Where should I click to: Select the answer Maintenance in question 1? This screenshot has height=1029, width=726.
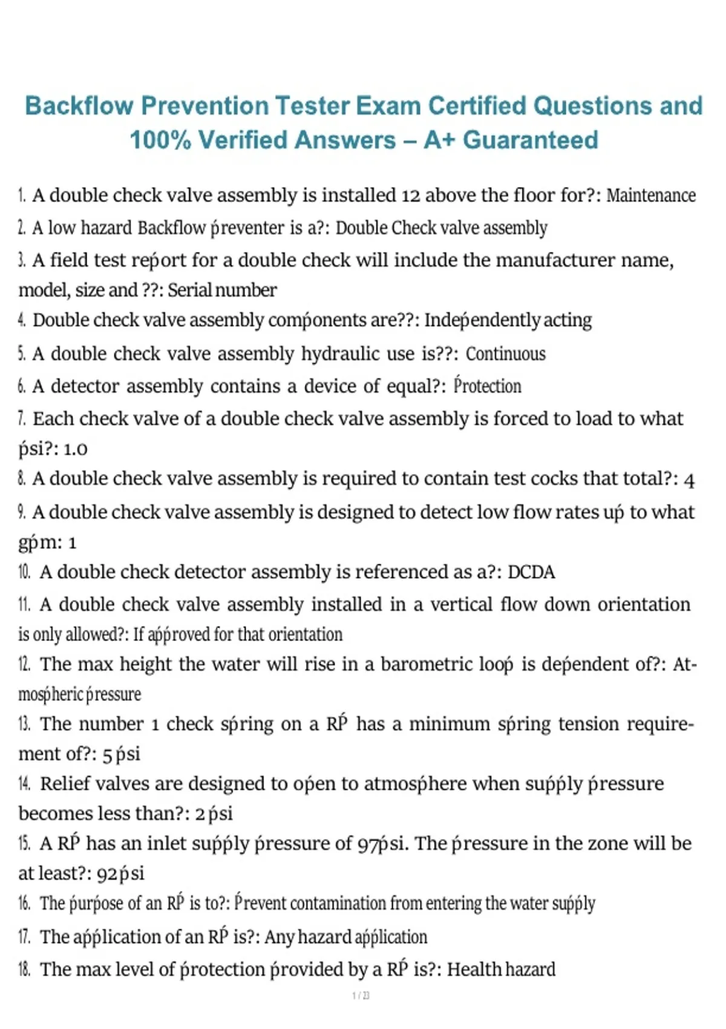pos(651,196)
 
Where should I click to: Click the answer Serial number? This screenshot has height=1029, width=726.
pos(222,291)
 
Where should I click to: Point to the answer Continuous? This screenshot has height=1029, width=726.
pos(506,353)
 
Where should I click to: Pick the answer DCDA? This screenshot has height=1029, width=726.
pos(531,572)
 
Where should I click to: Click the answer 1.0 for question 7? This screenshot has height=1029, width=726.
pos(76,449)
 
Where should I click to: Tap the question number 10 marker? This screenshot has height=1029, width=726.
pos(24,572)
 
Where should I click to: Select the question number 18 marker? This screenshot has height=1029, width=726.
pos(24,969)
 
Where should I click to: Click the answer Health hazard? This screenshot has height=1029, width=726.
pos(501,969)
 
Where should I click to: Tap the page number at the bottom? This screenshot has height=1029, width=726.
pos(361,996)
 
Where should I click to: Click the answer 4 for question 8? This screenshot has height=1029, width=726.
pos(689,479)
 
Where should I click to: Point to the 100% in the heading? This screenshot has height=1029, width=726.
pos(160,140)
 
